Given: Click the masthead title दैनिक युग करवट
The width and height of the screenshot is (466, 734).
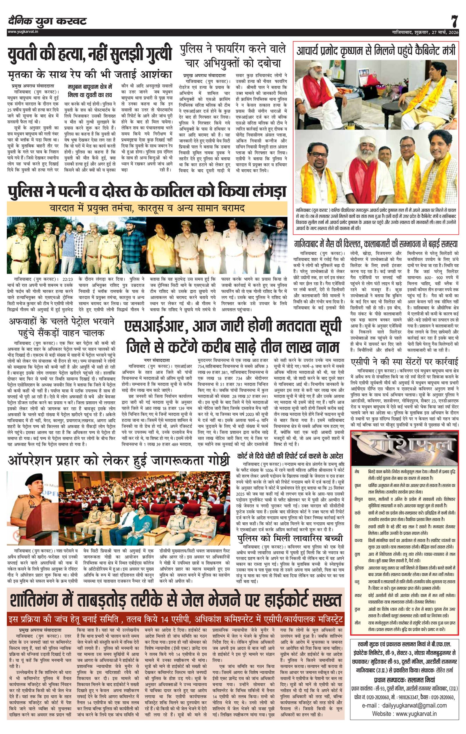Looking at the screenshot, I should point(47,21).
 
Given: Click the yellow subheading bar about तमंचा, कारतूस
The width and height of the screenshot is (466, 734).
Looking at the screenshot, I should point(147,208).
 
